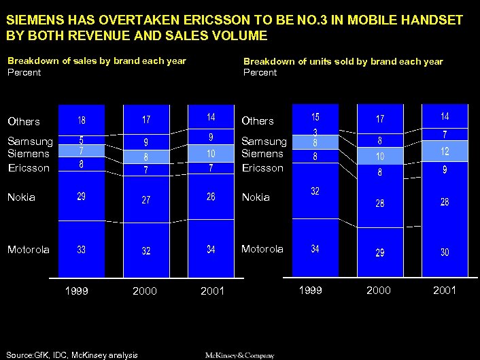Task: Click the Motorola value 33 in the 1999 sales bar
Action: (x=82, y=250)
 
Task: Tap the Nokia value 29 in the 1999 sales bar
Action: (x=82, y=197)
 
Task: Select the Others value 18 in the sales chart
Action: (x=82, y=120)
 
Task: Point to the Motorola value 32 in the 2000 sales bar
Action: (x=146, y=250)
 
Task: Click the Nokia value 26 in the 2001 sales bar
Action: (x=211, y=197)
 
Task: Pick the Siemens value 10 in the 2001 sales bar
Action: (x=211, y=154)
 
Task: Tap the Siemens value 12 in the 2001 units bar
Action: (x=445, y=152)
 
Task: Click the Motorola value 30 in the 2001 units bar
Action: (x=445, y=252)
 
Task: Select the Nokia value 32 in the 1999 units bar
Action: (x=315, y=191)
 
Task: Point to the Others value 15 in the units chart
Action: (x=315, y=118)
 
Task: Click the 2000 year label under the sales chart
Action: (x=145, y=291)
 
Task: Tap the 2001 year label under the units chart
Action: (x=444, y=291)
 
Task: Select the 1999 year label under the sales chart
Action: (x=76, y=291)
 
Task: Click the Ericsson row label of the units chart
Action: (x=262, y=167)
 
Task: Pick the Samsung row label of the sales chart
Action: (x=30, y=142)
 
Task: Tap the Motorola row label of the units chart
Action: (x=263, y=249)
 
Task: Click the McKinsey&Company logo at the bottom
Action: (x=240, y=355)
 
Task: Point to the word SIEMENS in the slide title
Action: (x=31, y=20)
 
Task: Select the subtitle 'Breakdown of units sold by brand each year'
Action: (x=343, y=61)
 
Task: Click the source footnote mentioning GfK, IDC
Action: (x=72, y=355)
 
